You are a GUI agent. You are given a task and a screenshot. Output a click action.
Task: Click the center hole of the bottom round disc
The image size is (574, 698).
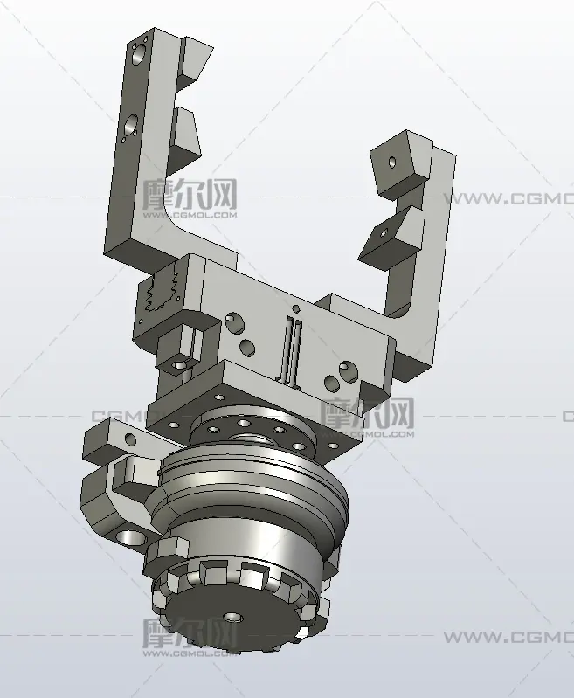coord(232,618)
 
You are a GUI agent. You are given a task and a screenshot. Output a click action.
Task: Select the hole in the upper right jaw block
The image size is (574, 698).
coord(392,162)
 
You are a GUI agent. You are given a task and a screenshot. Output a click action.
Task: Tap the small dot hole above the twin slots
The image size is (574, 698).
coord(294,308)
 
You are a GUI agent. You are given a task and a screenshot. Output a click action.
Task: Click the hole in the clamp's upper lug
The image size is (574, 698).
coord(130,439)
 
